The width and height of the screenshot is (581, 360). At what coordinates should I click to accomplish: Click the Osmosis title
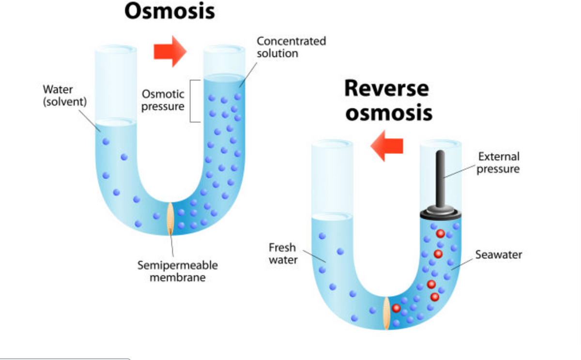pyautogui.click(x=169, y=11)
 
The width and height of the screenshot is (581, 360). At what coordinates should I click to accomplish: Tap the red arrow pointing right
pyautogui.click(x=170, y=51)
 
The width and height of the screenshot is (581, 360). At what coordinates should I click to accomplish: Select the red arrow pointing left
pyautogui.click(x=387, y=146)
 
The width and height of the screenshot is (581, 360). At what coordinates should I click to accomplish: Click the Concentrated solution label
pyautogui.click(x=291, y=47)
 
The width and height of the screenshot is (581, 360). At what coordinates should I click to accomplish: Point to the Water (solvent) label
pyautogui.click(x=64, y=95)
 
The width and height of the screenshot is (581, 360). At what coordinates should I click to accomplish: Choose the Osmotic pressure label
pyautogui.click(x=163, y=100)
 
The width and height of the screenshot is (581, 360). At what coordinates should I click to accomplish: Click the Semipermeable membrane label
pyautogui.click(x=178, y=271)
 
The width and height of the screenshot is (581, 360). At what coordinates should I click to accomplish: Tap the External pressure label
pyautogui.click(x=498, y=163)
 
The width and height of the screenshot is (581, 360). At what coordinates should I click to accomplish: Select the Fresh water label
pyautogui.click(x=283, y=254)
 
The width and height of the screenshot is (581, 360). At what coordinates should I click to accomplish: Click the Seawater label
pyautogui.click(x=499, y=255)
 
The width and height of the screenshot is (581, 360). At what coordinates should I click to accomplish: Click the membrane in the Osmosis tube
pyautogui.click(x=170, y=219)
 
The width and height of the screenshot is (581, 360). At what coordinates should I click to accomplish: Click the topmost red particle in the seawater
pyautogui.click(x=440, y=234)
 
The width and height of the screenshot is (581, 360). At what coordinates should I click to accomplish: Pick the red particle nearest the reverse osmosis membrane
pyautogui.click(x=396, y=308)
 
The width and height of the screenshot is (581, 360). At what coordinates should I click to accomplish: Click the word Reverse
pyautogui.click(x=387, y=89)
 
